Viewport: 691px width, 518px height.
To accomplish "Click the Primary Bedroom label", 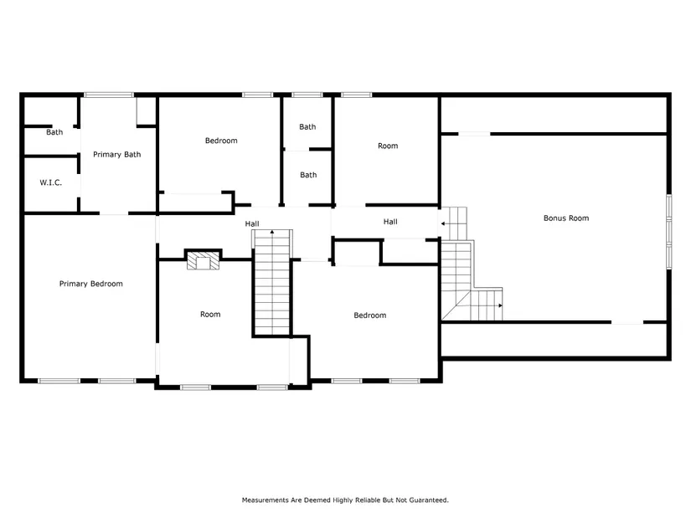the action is (91, 284).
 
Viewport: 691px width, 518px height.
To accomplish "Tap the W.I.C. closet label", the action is (51, 182).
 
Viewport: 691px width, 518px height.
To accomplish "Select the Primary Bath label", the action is (116, 154).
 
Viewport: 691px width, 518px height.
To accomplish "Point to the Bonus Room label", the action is (566, 218).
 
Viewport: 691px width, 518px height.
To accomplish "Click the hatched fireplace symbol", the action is (204, 260).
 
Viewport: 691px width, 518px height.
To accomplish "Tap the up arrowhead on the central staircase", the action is (272, 232).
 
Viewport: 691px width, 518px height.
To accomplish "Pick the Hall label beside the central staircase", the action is (252, 223).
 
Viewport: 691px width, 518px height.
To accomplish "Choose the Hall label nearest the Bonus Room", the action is (390, 222).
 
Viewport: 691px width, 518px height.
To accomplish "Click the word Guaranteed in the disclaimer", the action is (429, 500).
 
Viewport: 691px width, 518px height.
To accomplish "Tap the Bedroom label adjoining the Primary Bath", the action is (221, 141).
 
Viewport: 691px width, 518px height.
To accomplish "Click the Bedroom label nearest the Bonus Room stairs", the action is (370, 315).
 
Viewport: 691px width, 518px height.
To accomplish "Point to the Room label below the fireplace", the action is (210, 314).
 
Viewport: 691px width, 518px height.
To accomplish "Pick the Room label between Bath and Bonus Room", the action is (388, 146).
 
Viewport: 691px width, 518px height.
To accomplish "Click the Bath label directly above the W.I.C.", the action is (54, 132).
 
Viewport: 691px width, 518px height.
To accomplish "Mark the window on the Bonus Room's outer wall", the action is (669, 231).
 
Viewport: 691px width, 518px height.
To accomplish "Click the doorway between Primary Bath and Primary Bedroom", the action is (114, 213).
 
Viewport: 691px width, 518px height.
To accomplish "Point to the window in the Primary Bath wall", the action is (109, 95).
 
